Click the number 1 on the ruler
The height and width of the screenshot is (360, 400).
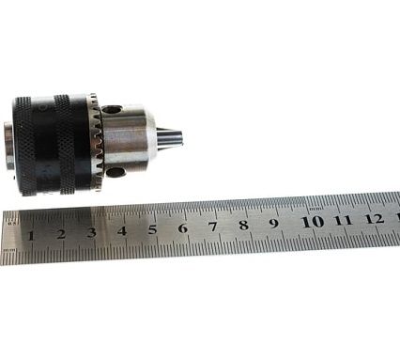[30, 235]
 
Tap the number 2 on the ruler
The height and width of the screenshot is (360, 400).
[60, 233]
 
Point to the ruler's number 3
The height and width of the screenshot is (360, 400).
[91, 231]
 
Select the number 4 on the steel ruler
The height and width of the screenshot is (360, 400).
[122, 230]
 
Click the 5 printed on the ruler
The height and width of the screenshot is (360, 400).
[152, 228]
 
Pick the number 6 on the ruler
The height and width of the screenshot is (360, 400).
[182, 227]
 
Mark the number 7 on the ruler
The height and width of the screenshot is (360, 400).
[213, 226]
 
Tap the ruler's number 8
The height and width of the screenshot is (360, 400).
[244, 225]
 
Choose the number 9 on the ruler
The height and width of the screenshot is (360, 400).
[274, 223]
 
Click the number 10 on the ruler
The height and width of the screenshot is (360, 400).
[312, 222]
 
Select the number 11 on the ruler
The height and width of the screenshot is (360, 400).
[343, 220]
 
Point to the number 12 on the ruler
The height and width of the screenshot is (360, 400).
[374, 219]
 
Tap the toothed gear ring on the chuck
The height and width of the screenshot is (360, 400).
[95, 143]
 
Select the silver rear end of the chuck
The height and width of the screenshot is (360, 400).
[9, 145]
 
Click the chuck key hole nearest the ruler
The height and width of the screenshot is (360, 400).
[115, 172]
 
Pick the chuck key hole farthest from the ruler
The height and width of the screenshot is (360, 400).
[113, 110]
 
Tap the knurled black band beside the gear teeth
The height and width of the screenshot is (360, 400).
[69, 143]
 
